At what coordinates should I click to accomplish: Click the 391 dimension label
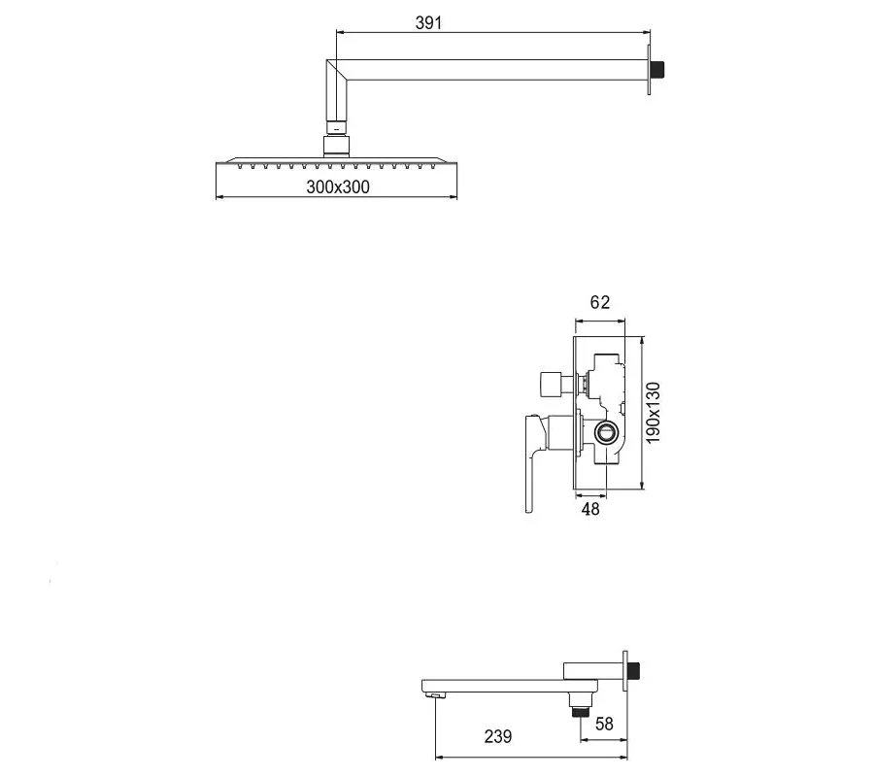pos(428,23)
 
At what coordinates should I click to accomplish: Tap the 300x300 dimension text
pos(338,186)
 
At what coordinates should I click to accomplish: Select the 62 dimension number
pos(600,302)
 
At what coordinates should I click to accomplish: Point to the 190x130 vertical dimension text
pos(654,413)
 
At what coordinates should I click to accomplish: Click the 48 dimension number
pos(590,509)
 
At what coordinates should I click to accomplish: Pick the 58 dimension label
pos(604,724)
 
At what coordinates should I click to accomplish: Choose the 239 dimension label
pos(498,737)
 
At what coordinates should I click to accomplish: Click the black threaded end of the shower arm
pos(657,70)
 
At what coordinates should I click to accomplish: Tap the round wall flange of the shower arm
pos(649,70)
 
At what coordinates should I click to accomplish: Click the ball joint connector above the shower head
pos(336,145)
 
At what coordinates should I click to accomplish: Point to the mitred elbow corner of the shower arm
pos(337,70)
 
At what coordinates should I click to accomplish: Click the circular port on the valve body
pos(605,432)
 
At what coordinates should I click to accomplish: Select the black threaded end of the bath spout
pos(635,671)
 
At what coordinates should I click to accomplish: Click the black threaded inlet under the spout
pos(582,712)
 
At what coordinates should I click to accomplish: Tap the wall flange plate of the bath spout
pos(625,671)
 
